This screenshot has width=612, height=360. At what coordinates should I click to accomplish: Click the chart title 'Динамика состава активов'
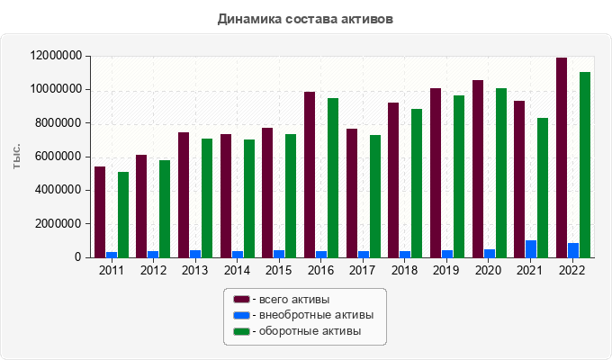(305, 19)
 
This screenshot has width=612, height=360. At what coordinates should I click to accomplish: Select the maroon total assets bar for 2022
(562, 157)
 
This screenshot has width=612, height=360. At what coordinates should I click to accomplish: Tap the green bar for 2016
(333, 177)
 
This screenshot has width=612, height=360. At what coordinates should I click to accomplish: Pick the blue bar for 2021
(531, 249)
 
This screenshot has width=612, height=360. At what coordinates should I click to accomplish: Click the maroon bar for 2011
(100, 212)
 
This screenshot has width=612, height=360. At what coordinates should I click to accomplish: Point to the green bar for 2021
(543, 188)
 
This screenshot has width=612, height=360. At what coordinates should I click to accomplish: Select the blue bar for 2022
(573, 250)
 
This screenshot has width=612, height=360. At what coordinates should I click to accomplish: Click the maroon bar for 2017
(352, 193)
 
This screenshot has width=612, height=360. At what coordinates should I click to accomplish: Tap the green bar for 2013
(207, 198)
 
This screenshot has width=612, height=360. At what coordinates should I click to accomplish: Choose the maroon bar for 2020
(478, 169)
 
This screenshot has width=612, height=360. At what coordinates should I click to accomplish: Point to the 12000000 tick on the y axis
(56, 56)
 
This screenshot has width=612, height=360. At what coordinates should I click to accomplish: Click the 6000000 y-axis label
(58, 157)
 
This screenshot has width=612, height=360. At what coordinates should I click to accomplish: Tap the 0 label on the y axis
(78, 257)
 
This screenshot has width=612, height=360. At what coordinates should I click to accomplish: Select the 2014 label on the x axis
(237, 270)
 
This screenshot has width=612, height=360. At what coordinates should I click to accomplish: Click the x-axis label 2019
(446, 270)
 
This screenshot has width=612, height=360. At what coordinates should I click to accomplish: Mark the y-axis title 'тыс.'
(16, 157)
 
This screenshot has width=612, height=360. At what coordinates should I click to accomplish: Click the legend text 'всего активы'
(294, 300)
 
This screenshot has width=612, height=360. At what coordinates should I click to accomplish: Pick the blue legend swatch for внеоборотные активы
(241, 315)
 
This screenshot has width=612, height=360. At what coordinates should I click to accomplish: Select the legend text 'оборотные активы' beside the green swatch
(310, 331)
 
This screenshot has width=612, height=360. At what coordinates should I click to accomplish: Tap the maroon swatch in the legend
(241, 299)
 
